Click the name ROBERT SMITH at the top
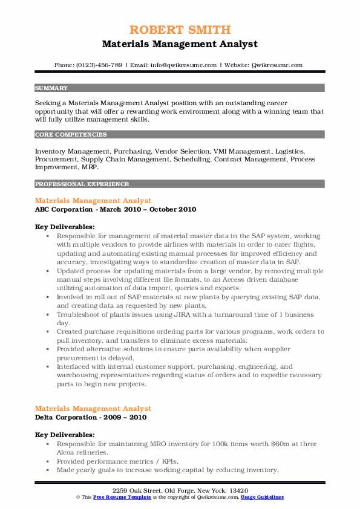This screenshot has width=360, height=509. (180, 30)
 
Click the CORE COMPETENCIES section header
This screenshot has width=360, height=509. (71, 135)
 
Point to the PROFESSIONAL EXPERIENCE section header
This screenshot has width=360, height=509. (82, 184)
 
